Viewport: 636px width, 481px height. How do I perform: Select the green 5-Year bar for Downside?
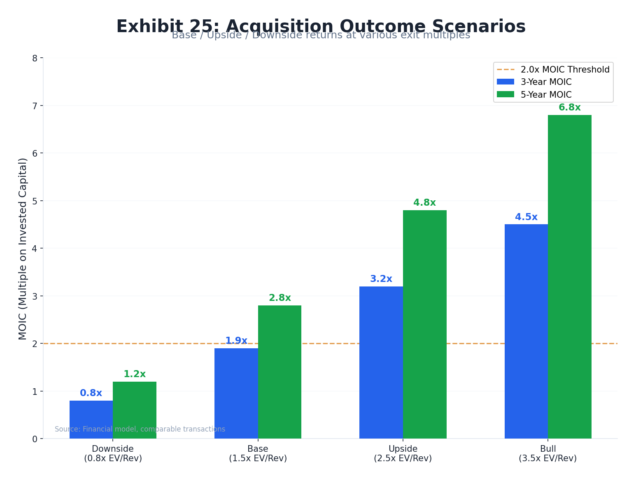135,410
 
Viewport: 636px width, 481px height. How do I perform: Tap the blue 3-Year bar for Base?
236,393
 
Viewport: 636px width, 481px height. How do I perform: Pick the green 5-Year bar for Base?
280,372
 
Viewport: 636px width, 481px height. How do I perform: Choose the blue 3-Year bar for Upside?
381,362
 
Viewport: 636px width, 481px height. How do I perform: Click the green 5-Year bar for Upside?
424,324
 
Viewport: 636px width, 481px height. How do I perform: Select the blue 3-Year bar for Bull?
526,331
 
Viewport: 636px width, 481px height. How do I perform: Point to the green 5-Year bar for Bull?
569,277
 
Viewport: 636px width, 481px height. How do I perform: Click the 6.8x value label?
569,108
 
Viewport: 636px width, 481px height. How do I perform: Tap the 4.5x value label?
526,217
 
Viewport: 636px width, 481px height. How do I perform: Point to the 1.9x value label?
236,341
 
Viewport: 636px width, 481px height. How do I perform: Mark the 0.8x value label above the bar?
91,393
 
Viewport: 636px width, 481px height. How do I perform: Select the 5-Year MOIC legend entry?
546,95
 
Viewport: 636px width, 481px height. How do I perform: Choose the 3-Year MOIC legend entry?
546,82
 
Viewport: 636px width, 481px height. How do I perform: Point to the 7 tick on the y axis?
35,106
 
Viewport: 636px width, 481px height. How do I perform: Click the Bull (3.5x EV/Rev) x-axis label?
547,453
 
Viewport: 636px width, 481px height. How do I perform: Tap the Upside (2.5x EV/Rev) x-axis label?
403,453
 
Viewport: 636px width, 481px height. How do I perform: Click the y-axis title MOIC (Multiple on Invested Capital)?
23,249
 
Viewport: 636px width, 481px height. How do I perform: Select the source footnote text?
140,429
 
